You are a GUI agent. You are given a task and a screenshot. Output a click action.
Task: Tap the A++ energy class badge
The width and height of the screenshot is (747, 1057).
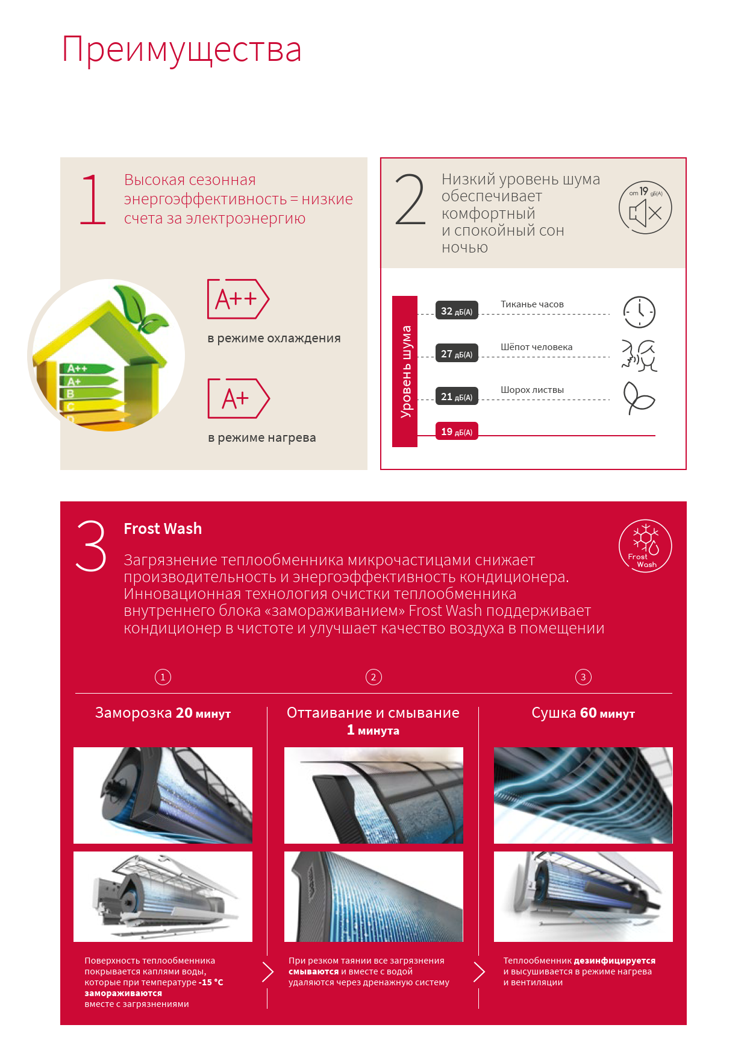coord(238,299)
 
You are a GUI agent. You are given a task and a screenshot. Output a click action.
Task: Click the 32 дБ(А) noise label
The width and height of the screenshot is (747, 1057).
coord(457,310)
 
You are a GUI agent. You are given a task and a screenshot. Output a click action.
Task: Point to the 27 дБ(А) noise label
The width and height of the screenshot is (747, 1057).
coord(457,353)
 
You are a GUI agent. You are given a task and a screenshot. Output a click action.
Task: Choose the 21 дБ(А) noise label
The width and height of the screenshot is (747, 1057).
coord(457,396)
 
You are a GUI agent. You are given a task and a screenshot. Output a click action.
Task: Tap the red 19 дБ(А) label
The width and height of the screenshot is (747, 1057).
coord(457,431)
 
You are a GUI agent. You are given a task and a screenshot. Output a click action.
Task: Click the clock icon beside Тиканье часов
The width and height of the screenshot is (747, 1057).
coord(639,312)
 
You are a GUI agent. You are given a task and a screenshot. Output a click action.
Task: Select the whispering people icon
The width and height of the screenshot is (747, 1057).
coord(639,355)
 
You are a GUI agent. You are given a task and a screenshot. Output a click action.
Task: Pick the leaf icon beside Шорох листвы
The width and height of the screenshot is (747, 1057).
coord(639,398)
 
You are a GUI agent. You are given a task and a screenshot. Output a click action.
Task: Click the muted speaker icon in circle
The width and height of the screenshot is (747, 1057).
coord(645,208)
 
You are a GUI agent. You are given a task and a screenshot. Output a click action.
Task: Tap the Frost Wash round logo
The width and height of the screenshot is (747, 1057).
coord(645,546)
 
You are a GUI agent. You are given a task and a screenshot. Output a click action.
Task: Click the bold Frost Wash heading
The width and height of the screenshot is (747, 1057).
coord(163,528)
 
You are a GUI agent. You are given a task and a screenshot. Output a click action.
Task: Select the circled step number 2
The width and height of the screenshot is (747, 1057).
coord(373,677)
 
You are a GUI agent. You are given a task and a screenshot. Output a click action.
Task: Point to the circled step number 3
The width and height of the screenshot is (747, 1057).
coord(583,677)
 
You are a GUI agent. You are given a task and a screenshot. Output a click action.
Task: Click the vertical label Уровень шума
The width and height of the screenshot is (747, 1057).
coord(405,371)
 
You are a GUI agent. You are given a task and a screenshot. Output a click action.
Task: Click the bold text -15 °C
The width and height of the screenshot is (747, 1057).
coord(211,982)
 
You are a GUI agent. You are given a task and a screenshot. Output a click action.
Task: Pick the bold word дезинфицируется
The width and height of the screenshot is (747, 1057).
coord(614,961)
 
